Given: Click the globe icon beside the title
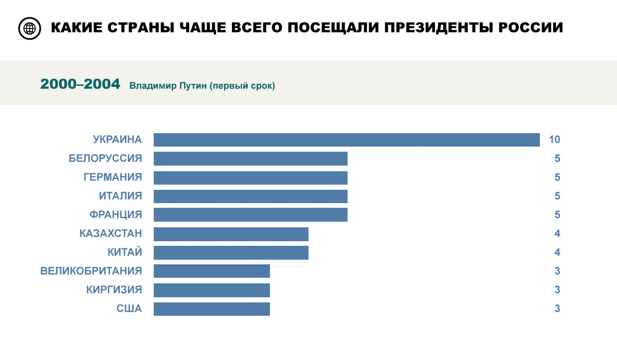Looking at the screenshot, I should click(x=29, y=28).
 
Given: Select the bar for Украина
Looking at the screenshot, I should click(x=347, y=140).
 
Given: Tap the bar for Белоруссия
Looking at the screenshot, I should click(x=250, y=158).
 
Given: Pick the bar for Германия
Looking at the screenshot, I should click(x=250, y=177).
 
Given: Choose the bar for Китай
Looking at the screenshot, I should click(x=231, y=253).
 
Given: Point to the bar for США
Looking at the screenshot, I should click(x=211, y=309).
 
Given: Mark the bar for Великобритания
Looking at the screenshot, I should click(x=211, y=271).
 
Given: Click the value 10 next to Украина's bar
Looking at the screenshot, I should click(x=554, y=139).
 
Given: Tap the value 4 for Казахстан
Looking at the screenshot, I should click(x=557, y=233).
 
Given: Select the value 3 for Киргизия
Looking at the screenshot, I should click(x=557, y=290).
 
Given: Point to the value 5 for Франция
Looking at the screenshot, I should click(x=557, y=214).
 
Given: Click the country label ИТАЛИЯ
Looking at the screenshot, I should click(x=120, y=196).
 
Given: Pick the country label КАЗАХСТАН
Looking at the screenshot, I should click(x=111, y=233).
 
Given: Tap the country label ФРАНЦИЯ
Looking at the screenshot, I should click(x=115, y=214).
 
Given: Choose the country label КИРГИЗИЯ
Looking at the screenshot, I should click(x=114, y=290).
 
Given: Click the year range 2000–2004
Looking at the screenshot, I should click(x=80, y=84).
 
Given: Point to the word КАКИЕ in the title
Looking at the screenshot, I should click(x=76, y=28).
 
